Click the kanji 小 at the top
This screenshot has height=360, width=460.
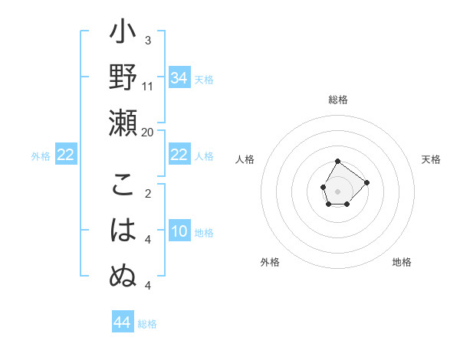pos(123,35)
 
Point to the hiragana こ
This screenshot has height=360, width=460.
pos(123,185)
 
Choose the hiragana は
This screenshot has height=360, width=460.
pos(123,230)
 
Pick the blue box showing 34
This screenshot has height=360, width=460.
pos(179,78)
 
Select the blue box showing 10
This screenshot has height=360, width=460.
pos(179,231)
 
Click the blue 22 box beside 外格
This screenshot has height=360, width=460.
pos(65,155)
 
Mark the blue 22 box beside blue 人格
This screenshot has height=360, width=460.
pos(179,155)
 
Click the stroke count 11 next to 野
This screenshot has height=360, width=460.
pos(148,87)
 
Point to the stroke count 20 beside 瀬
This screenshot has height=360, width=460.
pos(148,132)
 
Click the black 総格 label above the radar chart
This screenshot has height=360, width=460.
pos(338,100)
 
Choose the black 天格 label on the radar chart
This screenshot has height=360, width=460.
pos(431,159)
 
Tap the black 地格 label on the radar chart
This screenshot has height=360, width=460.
pos(402,262)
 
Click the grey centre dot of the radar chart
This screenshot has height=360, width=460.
pos(338,190)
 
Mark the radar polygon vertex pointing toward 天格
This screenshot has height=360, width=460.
pos(366,182)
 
